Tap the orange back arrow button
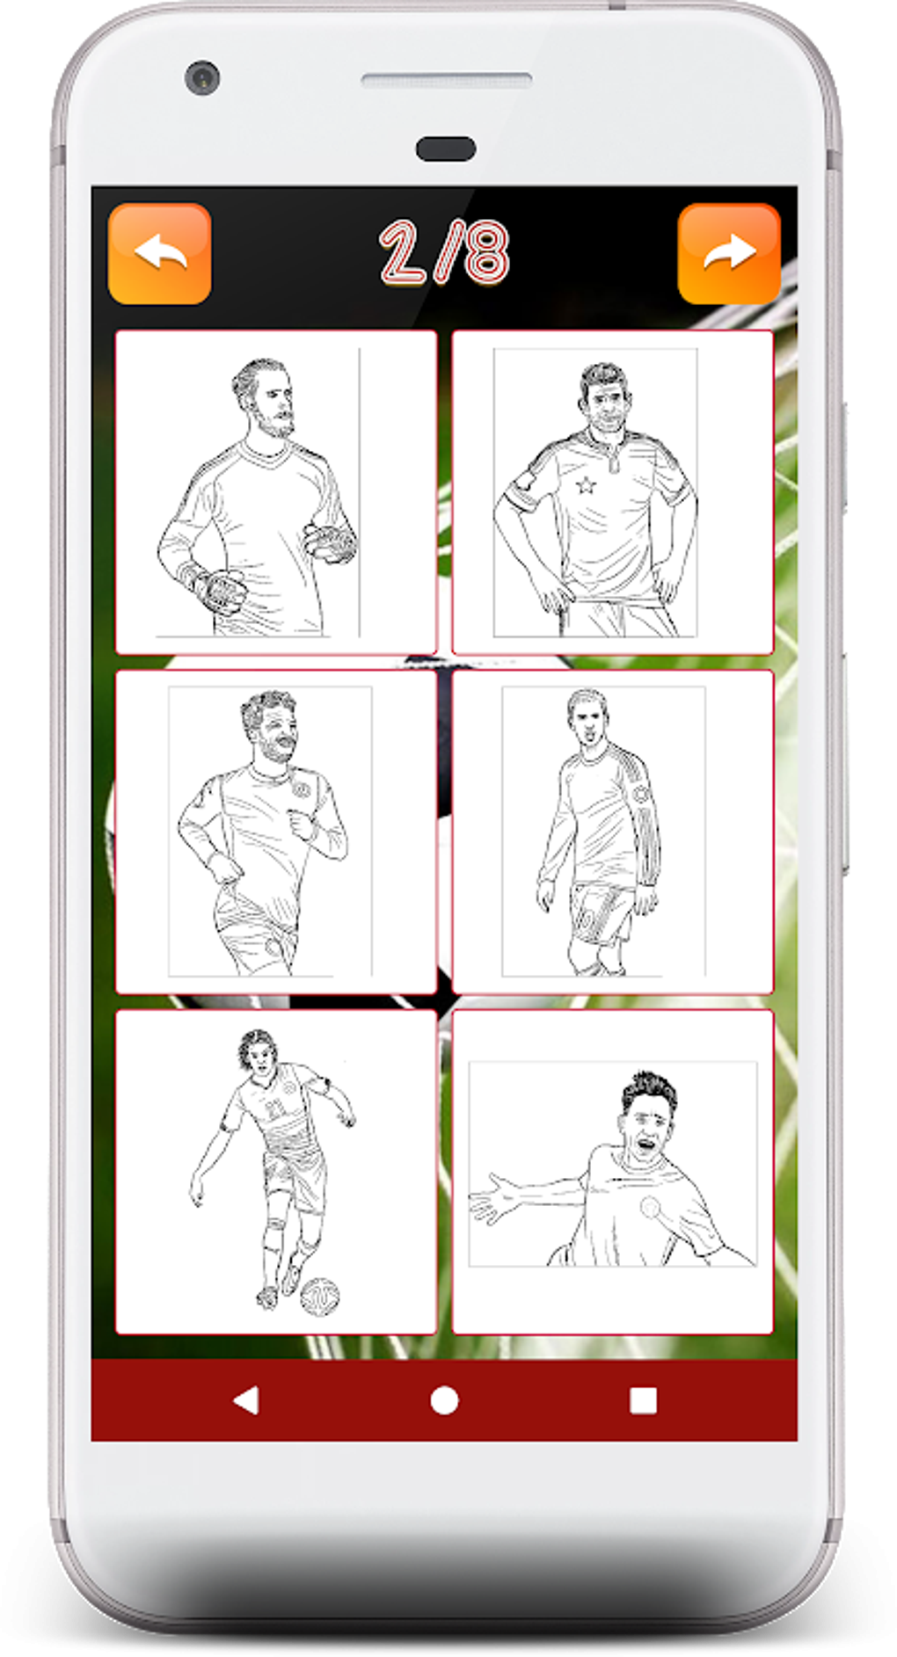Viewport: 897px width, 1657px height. click(x=159, y=254)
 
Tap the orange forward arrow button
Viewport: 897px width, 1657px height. click(x=729, y=254)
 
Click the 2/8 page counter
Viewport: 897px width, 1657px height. click(x=444, y=252)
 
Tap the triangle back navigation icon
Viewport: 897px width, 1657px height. click(x=246, y=1400)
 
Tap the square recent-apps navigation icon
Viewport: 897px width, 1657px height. click(x=644, y=1400)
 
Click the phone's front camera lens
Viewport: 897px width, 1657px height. click(x=202, y=77)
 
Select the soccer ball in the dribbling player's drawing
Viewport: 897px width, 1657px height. click(x=320, y=1297)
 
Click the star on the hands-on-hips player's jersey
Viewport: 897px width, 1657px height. click(x=585, y=484)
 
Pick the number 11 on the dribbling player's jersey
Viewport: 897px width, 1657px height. click(x=277, y=1108)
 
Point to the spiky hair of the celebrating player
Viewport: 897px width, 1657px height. click(x=650, y=1091)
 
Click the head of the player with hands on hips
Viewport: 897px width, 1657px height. click(x=604, y=397)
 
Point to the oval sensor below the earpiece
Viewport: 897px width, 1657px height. click(x=446, y=149)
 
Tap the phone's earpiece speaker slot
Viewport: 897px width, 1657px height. click(x=446, y=81)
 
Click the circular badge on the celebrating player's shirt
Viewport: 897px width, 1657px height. click(x=650, y=1207)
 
